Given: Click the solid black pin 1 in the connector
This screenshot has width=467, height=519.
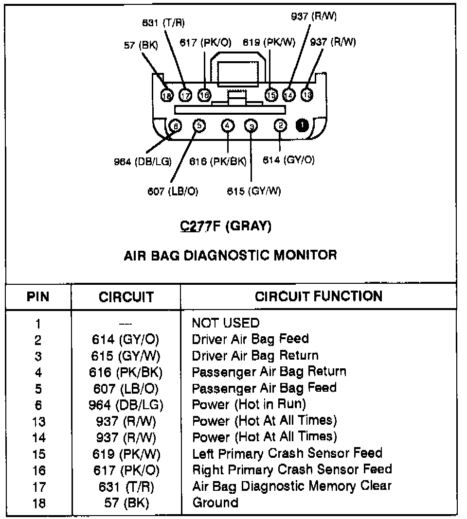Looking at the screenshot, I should pos(302,126).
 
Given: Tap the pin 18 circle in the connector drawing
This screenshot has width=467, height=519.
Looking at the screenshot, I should pos(167,95).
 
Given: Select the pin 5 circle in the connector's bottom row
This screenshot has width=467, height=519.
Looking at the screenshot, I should pos(199,126).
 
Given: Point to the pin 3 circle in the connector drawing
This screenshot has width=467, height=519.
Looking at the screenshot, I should pos(251,126).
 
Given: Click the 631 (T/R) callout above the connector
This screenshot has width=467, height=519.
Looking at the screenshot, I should pos(163,23).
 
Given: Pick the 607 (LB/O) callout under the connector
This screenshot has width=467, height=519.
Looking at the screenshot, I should pos(173,191).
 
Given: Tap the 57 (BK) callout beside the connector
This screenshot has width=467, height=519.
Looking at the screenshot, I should pos(141,46).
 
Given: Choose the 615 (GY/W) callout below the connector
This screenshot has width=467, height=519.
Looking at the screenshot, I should pos(254,191).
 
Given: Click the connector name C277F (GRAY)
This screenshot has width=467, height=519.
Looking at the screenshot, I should pos(226,226).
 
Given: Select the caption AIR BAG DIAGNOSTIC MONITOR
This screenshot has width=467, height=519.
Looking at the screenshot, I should pos(230,255).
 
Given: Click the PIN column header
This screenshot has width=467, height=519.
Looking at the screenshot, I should pos(38,296).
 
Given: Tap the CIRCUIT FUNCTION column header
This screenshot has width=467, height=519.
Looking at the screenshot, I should pos(319,296).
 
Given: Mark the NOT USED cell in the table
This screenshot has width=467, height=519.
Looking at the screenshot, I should pos(226,323).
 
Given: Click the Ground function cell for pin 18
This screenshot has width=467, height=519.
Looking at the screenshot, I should pos(216,502).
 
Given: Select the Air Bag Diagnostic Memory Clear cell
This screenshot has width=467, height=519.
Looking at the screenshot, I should pos(292,485).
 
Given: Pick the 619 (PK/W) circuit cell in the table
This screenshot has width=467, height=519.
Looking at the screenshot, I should pos(126,454).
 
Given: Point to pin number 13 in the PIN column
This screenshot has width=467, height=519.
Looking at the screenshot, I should pos(38,421).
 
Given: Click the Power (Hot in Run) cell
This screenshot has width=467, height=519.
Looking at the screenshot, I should pos(249,404).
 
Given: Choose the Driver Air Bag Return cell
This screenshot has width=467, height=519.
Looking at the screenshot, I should pos(255,356).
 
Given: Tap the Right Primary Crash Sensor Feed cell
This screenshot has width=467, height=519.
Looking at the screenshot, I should pos(292,469).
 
